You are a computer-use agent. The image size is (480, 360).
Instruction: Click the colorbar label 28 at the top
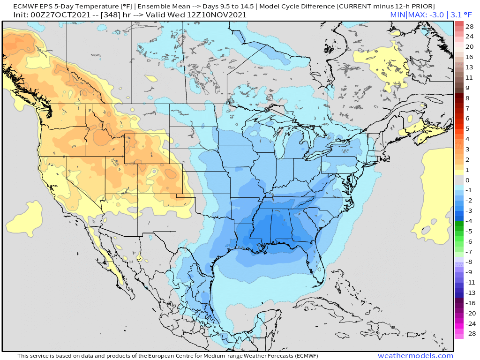469,26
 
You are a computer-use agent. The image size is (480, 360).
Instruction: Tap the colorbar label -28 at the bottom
469,334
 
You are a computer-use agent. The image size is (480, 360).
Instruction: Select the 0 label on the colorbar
467,180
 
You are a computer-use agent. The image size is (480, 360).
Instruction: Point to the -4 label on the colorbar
469,221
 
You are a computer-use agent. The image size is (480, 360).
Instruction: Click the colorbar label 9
467,88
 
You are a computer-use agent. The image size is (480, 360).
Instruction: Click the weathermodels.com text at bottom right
415,356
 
